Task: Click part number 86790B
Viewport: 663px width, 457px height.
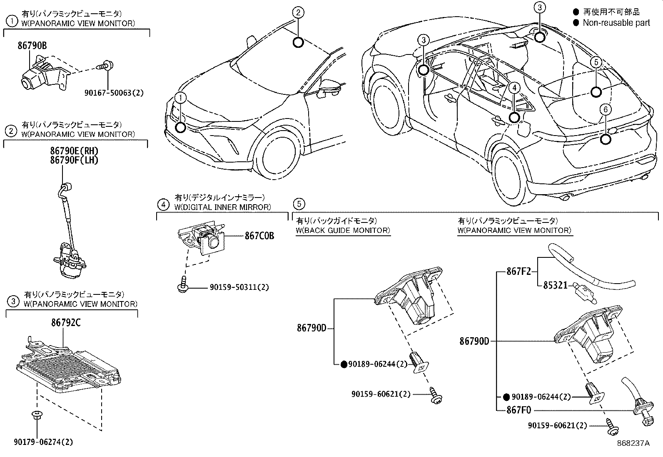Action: tap(32, 45)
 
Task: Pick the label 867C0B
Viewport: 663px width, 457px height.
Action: tap(259, 236)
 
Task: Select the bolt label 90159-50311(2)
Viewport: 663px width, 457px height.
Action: tap(239, 287)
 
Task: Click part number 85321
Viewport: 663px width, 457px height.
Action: tap(555, 285)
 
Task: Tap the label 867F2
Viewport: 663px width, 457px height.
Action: tap(518, 272)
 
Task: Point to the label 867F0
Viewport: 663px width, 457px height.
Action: tap(518, 410)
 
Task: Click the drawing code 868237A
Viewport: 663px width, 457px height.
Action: tap(633, 443)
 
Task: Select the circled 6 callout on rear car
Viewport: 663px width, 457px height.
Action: tap(605, 109)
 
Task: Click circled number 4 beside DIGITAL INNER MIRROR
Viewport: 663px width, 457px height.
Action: tap(163, 205)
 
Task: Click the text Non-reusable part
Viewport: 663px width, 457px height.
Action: tap(616, 23)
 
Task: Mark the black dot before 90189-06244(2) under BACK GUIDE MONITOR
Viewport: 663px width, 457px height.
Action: tap(344, 365)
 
